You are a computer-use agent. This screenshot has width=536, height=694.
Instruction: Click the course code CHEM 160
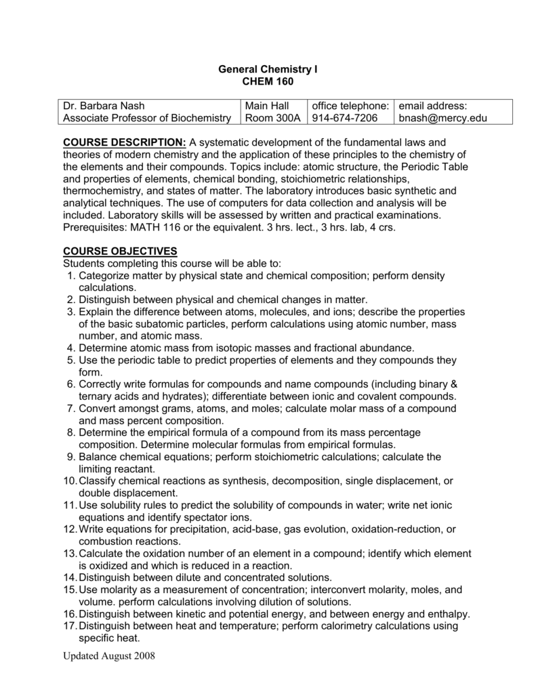click(268, 81)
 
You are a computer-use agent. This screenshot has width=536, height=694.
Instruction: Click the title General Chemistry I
click(268, 69)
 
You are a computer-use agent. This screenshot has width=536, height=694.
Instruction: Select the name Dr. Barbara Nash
click(104, 106)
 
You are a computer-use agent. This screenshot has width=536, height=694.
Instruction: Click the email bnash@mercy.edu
click(443, 119)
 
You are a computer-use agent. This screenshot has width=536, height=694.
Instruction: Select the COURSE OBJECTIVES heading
click(120, 251)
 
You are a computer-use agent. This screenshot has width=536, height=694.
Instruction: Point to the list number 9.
click(70, 457)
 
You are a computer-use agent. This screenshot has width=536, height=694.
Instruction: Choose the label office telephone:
click(350, 106)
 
